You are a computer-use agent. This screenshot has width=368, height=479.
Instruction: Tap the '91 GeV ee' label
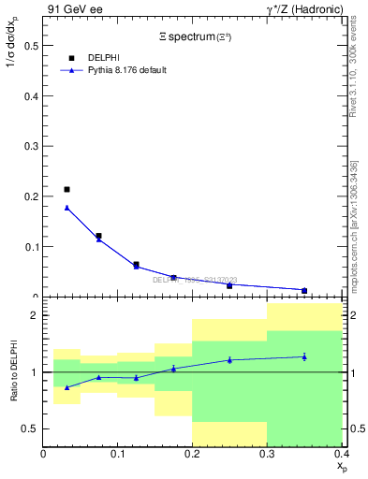(69, 9)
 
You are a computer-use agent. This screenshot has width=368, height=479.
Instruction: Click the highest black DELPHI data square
(66, 190)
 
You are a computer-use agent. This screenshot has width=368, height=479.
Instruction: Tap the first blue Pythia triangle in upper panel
(66, 208)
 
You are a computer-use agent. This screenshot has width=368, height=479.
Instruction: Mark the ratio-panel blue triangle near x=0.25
(229, 360)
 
